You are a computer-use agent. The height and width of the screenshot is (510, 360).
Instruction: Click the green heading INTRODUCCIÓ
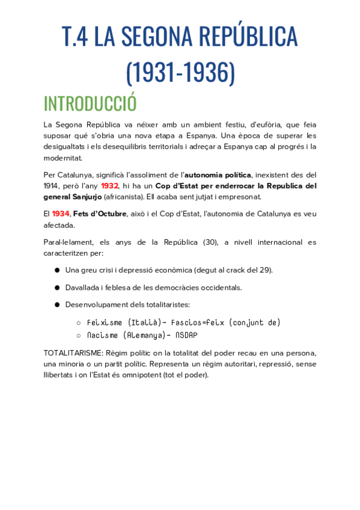pos(90,103)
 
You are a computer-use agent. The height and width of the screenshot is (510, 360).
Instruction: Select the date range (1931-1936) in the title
pos(180,72)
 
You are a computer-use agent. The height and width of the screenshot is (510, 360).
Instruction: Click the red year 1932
pos(109,186)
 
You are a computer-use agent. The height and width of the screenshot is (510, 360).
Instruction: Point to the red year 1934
pos(61,214)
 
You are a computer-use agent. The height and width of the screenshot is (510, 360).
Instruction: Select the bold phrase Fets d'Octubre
pos(100,214)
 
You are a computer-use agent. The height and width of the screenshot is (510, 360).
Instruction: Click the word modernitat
pos(63,158)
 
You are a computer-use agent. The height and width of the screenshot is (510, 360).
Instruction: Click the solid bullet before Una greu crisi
pos(57,270)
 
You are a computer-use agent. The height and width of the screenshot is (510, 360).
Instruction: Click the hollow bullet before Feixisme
pos(78,323)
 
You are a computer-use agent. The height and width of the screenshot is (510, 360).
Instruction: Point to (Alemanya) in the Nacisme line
pos(142,335)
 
